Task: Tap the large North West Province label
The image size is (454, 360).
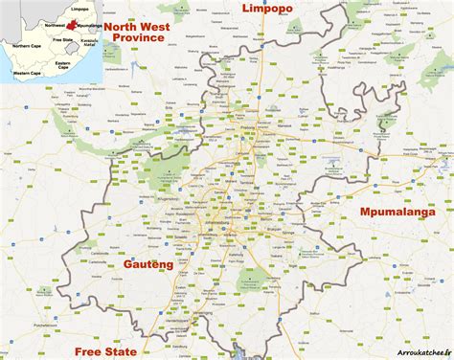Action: coord(146,32)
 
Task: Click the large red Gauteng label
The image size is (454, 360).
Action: coord(148,262)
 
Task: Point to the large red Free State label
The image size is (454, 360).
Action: coord(106,350)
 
